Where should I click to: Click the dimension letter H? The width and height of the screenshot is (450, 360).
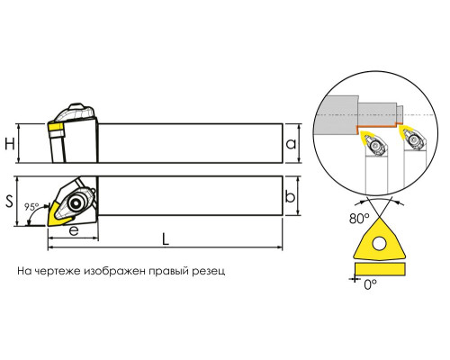point(10,144)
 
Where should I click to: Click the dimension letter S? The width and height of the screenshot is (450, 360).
point(10,202)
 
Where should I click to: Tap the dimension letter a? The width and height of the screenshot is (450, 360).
point(291,144)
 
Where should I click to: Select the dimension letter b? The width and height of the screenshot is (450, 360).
point(290,196)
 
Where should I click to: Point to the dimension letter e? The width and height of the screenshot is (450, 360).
point(74,230)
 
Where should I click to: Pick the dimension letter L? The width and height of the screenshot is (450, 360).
point(166,239)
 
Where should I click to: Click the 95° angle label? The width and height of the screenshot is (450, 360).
point(31,207)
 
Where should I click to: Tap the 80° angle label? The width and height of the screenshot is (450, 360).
point(359,219)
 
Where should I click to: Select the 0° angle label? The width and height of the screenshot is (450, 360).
point(371,284)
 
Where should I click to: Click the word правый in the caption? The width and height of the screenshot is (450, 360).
point(167,271)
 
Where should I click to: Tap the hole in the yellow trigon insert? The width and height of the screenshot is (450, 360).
point(379,243)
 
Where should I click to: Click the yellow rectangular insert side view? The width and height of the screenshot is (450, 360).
point(380,268)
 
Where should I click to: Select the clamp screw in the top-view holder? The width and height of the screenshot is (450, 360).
point(76,203)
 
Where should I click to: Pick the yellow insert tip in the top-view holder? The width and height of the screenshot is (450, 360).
point(58,214)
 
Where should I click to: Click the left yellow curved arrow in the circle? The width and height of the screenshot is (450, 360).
point(367,138)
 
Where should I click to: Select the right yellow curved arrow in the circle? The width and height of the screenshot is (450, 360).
point(408,132)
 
